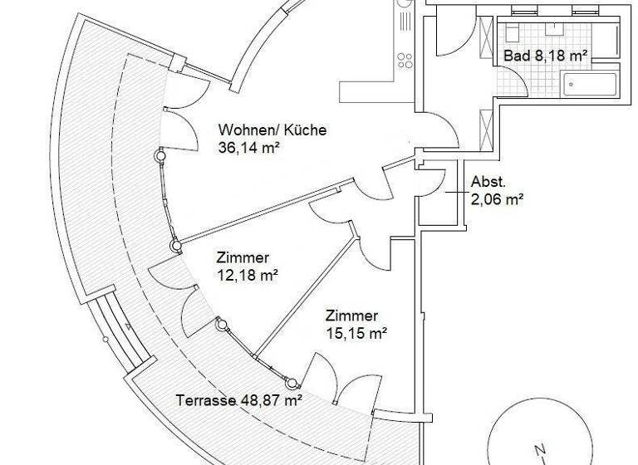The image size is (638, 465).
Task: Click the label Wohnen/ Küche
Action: pyautogui.click(x=272, y=130)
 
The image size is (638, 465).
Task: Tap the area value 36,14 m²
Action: pyautogui.click(x=248, y=149)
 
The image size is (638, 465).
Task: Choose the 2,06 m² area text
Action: pyautogui.click(x=497, y=198)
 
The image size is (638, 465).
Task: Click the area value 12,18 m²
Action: pyautogui.click(x=248, y=275)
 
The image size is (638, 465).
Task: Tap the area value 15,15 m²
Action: pyautogui.click(x=358, y=334)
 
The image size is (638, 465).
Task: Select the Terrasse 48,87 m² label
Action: pyautogui.click(x=239, y=399)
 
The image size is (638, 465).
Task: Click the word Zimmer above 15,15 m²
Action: pyautogui.click(x=352, y=316)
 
